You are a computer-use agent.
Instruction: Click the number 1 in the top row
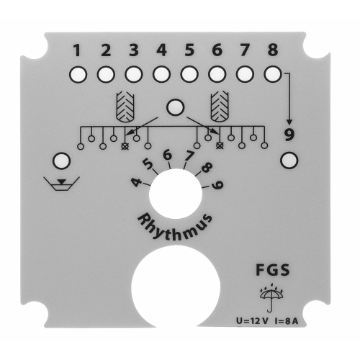pyautogui.click(x=77, y=50)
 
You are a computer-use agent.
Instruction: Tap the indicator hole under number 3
pyautogui.click(x=134, y=74)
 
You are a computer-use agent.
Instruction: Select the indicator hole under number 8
pyautogui.click(x=273, y=74)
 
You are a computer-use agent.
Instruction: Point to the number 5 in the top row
pyautogui.click(x=189, y=50)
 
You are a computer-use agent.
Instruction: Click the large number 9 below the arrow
pyautogui.click(x=289, y=135)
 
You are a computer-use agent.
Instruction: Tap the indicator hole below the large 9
pyautogui.click(x=289, y=161)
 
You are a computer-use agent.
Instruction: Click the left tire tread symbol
pyautogui.click(x=125, y=107)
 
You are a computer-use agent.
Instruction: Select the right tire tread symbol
pyautogui.click(x=220, y=107)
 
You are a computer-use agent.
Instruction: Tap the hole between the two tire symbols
pyautogui.click(x=176, y=107)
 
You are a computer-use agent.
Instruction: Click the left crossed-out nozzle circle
pyautogui.click(x=125, y=146)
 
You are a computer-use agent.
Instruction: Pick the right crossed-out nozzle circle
pyautogui.click(x=220, y=145)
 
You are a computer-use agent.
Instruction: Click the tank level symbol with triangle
pyautogui.click(x=61, y=184)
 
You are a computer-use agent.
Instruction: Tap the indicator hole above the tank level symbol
pyautogui.click(x=61, y=161)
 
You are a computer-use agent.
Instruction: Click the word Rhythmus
pyautogui.click(x=175, y=227)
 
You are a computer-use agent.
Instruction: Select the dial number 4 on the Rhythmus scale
pyautogui.click(x=136, y=182)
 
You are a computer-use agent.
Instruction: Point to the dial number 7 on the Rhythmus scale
pyautogui.click(x=189, y=156)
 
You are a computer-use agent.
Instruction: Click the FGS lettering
pyautogui.click(x=273, y=270)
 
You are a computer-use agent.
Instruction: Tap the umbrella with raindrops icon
pyautogui.click(x=271, y=297)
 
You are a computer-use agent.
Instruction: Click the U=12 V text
pyautogui.click(x=252, y=321)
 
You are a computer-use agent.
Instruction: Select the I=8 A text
pyautogui.click(x=286, y=321)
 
